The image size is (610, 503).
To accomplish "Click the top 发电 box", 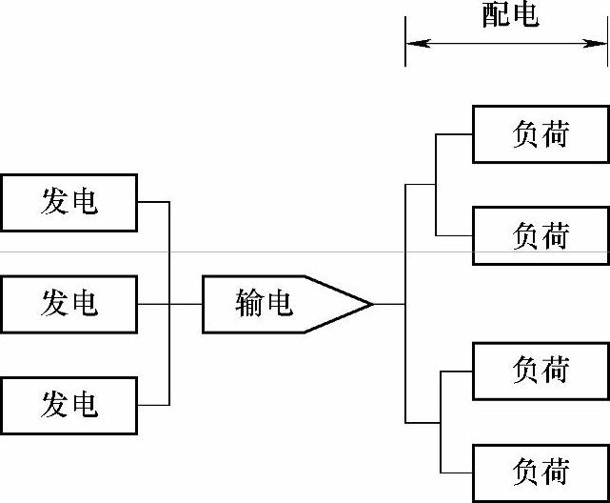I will click(69, 202).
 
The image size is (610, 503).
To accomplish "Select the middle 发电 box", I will click(69, 304).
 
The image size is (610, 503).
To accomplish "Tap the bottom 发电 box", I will click(69, 405).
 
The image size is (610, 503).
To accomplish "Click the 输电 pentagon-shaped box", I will click(276, 304).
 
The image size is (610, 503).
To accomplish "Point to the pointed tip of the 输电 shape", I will click(370, 304).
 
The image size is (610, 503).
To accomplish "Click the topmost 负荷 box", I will click(541, 134).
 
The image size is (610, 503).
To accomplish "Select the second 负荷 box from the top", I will click(541, 235).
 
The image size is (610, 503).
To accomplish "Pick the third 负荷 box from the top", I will click(541, 370).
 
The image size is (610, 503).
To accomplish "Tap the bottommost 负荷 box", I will click(541, 472).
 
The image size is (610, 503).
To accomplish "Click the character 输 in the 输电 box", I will click(249, 304).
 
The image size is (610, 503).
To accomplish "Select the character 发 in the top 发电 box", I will click(53, 202).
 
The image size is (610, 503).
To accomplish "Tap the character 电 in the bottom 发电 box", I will click(85, 405).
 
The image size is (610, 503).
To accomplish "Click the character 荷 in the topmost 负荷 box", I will click(556, 134).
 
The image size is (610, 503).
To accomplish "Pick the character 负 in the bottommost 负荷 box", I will click(525, 472).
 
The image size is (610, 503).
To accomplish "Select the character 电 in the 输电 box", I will click(279, 304).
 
